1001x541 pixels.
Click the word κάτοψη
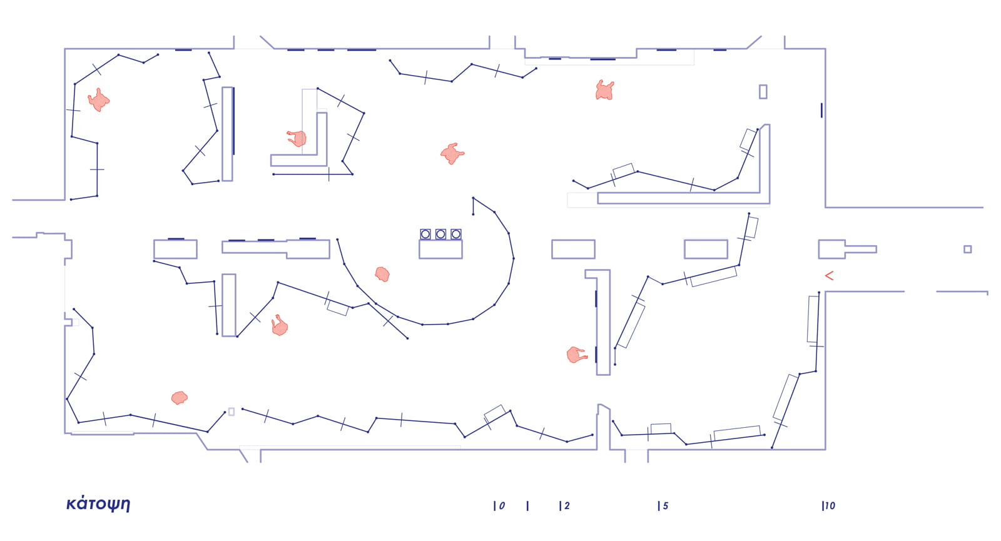[98, 504]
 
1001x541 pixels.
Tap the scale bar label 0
[502, 506]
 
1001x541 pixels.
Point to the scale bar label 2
[567, 506]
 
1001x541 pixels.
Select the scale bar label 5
[666, 506]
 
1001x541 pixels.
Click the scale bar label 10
[830, 506]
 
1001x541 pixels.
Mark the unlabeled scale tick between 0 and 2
[527, 506]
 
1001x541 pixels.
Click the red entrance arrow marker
[829, 275]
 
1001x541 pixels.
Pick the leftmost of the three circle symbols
[425, 234]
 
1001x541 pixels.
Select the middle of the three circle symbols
[440, 234]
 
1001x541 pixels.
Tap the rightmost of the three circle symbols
[456, 234]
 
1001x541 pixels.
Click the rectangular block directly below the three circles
[440, 249]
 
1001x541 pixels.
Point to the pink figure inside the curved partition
[382, 274]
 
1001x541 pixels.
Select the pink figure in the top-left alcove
[98, 100]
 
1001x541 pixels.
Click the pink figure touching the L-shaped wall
[297, 138]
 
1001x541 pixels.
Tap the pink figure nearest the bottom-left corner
[180, 397]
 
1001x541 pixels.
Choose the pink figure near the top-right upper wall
[604, 91]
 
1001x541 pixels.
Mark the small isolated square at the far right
[967, 249]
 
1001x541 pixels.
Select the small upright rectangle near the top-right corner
[763, 91]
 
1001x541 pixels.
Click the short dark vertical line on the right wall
[821, 110]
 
